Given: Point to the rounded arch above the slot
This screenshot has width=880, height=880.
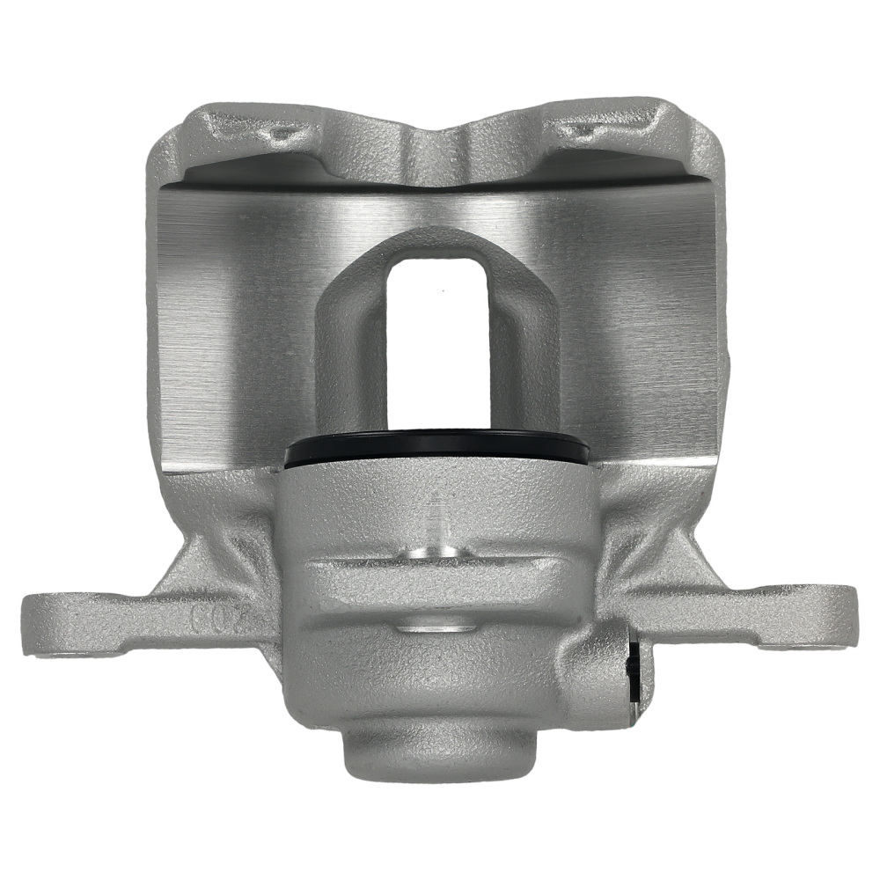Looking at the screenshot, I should click(437, 242).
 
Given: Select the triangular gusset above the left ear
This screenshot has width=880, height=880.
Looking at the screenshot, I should click(189, 563).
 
